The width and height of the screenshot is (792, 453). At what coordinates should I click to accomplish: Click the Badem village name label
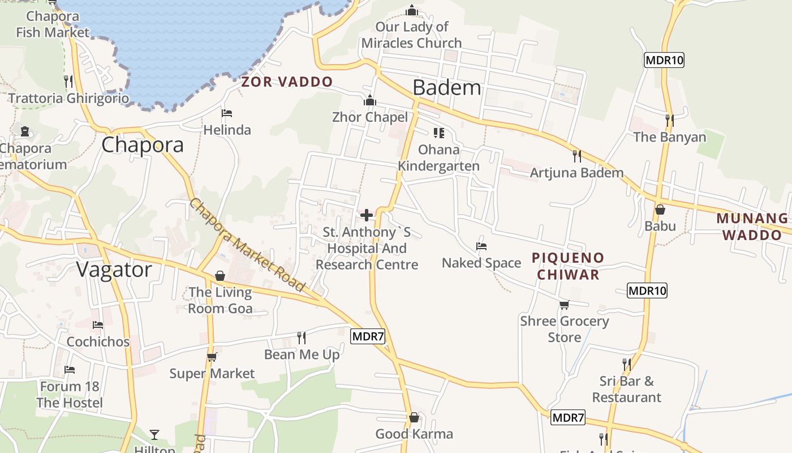(x=447, y=88)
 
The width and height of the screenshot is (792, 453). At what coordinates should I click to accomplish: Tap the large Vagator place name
(x=115, y=270)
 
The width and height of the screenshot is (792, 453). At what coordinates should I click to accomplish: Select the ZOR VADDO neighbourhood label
(x=287, y=82)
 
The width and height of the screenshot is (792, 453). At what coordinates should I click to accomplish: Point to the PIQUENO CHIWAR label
(x=568, y=266)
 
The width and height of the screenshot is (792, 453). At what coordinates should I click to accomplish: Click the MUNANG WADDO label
(x=752, y=226)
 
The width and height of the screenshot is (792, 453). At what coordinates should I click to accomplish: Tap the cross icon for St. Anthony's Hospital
(x=367, y=215)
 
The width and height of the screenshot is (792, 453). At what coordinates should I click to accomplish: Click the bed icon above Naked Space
(x=481, y=246)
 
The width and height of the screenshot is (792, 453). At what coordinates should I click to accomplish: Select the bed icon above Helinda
(x=227, y=113)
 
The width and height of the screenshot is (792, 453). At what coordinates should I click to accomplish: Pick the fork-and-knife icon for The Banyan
(x=670, y=120)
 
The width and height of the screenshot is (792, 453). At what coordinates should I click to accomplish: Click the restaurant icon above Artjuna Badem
(x=577, y=156)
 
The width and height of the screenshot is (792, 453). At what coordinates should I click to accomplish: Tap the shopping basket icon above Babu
(x=660, y=210)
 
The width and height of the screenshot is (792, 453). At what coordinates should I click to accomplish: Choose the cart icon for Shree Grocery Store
(x=564, y=305)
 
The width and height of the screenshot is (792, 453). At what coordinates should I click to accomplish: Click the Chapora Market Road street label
(x=247, y=245)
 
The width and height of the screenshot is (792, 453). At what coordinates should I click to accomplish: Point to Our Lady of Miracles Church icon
(x=412, y=10)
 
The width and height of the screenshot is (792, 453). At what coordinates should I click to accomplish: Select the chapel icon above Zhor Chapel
(x=370, y=100)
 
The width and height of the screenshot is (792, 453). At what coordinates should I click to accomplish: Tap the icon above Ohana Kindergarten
(x=438, y=133)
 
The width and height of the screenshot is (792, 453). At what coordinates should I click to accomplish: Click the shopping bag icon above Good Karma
(x=414, y=417)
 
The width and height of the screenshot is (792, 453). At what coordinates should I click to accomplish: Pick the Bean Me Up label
(x=302, y=354)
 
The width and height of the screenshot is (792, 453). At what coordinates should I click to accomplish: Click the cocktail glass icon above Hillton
(x=154, y=434)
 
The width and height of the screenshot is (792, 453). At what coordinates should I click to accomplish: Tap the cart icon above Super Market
(x=212, y=356)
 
